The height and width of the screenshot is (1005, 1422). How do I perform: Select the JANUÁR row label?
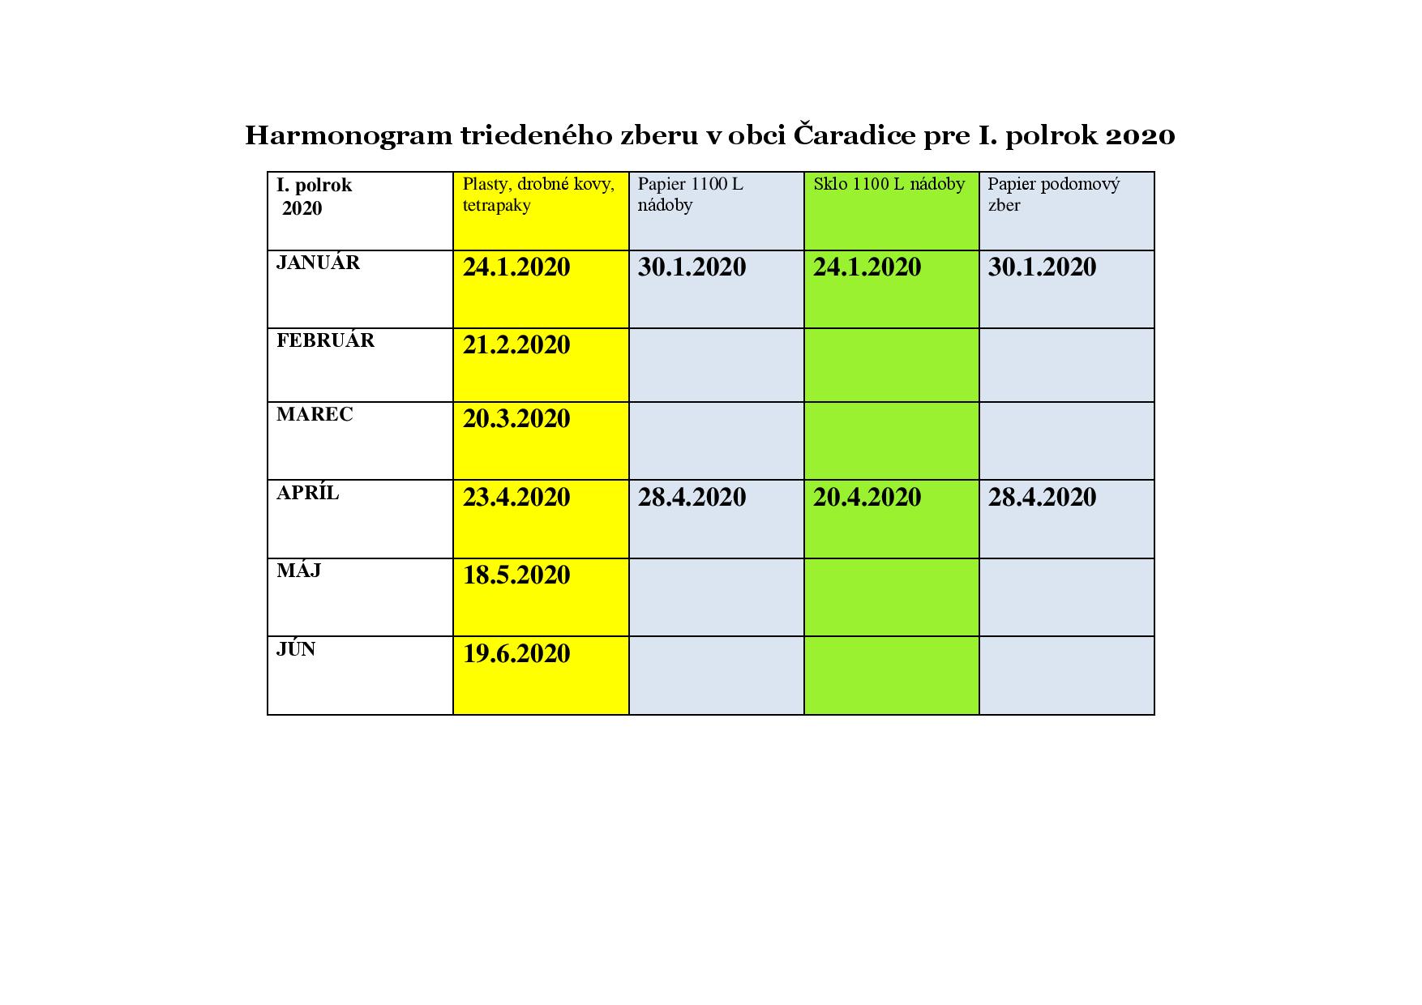(318, 263)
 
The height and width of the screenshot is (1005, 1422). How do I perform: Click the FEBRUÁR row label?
(325, 340)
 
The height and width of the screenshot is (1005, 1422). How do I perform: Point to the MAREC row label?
(315, 415)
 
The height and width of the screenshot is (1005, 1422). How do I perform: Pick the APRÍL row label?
(307, 493)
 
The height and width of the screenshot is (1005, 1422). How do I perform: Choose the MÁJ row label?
(298, 571)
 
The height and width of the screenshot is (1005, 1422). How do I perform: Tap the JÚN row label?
(296, 649)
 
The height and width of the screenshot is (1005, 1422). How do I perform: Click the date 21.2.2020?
(516, 345)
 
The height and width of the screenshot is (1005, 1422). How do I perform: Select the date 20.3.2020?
(516, 419)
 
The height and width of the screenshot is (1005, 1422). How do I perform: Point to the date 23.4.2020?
(516, 497)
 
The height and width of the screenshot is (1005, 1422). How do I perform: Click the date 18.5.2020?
(516, 575)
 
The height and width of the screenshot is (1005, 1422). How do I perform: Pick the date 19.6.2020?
(516, 654)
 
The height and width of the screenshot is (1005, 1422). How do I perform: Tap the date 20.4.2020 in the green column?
(867, 497)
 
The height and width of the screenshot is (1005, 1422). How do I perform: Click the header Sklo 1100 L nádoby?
(889, 185)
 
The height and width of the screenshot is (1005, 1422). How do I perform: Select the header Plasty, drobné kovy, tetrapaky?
(538, 195)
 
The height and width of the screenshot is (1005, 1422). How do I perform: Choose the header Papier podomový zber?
(1053, 195)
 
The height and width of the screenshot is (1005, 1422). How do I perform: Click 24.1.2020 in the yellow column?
(516, 267)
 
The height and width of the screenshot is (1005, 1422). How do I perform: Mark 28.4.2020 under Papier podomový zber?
(1042, 497)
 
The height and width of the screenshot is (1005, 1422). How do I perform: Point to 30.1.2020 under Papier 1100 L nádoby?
(692, 267)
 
